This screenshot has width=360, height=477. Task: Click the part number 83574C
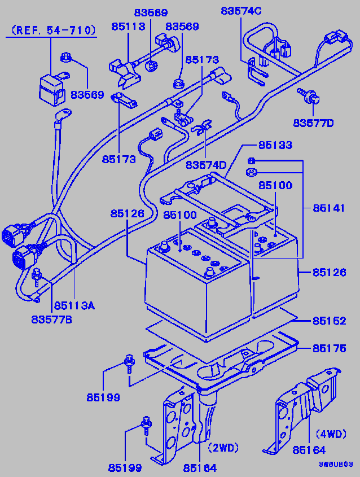(x=241, y=11)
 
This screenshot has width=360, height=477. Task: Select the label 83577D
(x=313, y=122)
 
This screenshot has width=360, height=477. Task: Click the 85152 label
(x=330, y=321)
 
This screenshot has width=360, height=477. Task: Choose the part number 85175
(x=330, y=348)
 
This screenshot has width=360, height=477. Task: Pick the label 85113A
(x=74, y=306)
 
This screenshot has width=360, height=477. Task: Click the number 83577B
(x=52, y=320)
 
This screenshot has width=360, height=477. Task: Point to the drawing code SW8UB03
(x=336, y=464)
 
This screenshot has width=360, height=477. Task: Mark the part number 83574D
(x=206, y=164)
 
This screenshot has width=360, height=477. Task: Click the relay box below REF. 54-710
(x=50, y=86)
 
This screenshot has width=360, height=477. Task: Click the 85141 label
(x=330, y=208)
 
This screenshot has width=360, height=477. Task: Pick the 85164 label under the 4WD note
(x=309, y=450)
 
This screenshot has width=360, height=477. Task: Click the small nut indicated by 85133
(x=252, y=161)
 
